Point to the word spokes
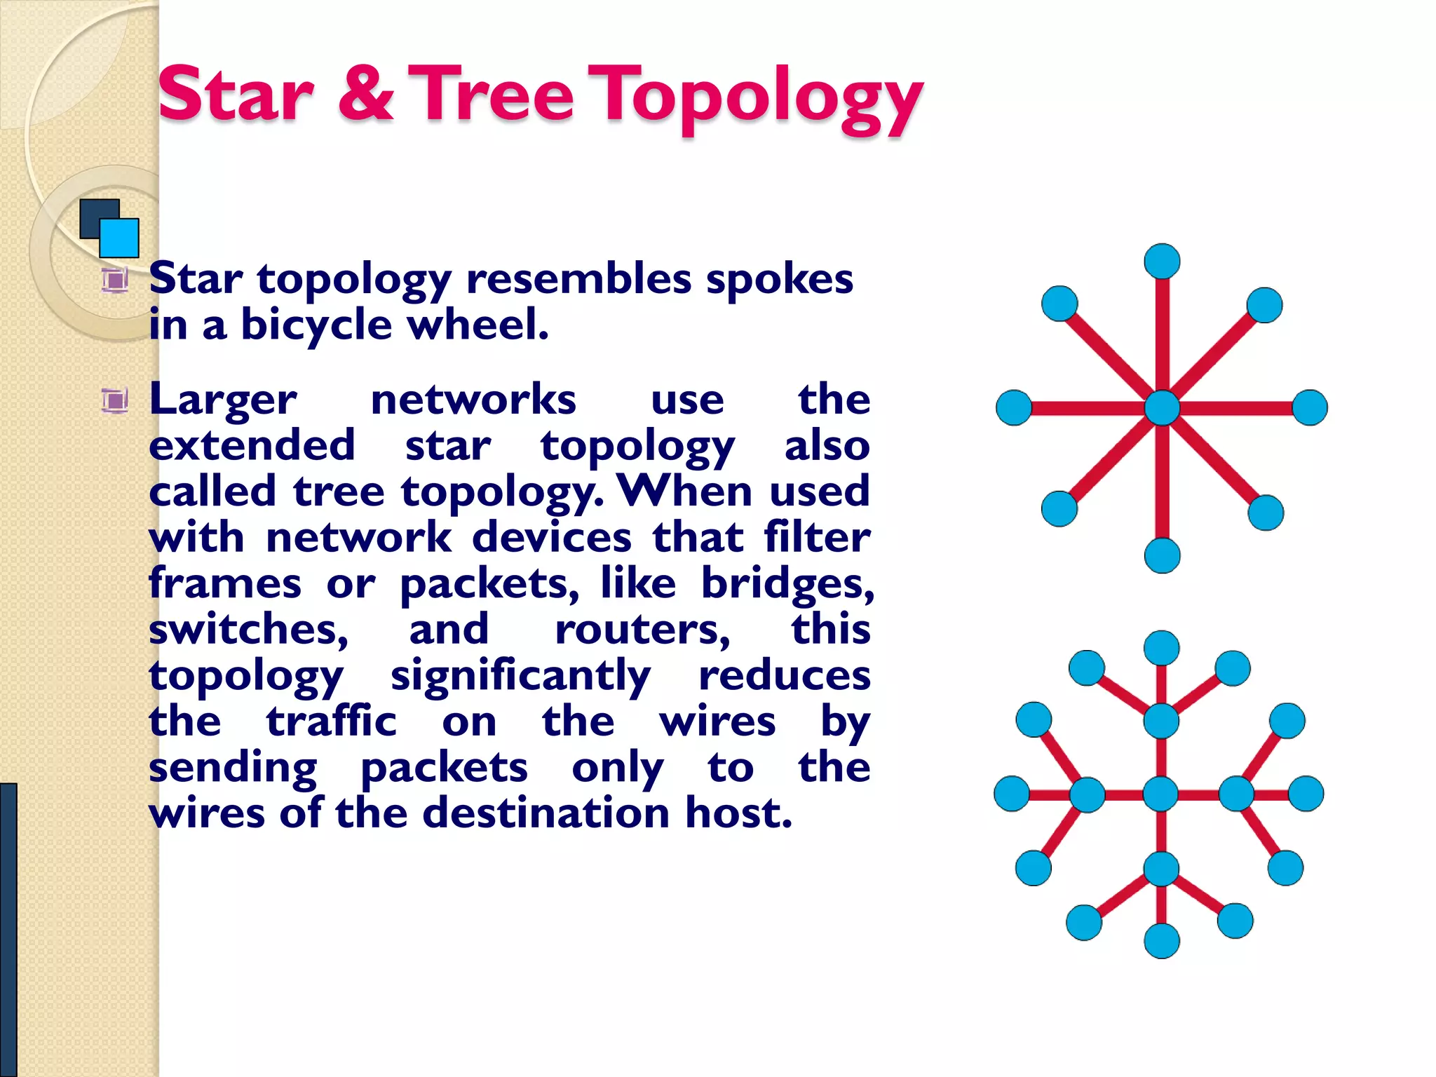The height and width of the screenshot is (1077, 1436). coord(779,279)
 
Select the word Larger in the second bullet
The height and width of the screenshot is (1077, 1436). coord(223,400)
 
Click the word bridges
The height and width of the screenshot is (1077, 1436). coord(787,584)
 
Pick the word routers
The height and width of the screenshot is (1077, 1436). coord(642,630)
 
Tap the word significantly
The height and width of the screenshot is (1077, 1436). coord(520,676)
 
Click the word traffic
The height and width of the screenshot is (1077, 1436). coord(331,722)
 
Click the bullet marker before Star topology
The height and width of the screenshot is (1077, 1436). coord(114,280)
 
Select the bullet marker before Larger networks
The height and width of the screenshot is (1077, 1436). coord(114,401)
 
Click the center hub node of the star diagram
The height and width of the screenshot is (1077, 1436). coord(1162,408)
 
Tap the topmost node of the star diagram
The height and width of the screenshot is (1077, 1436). coord(1162,262)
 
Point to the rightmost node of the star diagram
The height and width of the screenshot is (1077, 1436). coord(1309,408)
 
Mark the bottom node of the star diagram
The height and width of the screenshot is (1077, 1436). coord(1162,555)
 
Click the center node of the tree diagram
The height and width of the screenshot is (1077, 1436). coord(1161,794)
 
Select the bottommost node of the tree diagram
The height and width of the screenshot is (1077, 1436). coord(1162,940)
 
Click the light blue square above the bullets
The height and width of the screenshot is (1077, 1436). coord(120,238)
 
